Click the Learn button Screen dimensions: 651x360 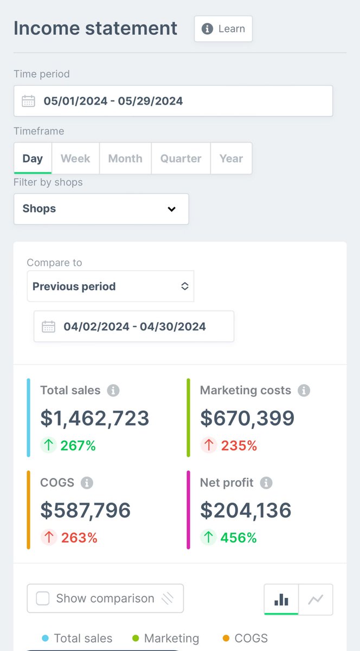223,29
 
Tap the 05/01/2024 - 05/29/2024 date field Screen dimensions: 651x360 173,101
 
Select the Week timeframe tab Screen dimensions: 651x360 75,158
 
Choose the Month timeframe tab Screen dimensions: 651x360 125,158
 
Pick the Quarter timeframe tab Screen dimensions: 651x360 181,158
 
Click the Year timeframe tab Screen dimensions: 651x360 231,158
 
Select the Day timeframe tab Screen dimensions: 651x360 33,158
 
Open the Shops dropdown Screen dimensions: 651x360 101,209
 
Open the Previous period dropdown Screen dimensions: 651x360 111,286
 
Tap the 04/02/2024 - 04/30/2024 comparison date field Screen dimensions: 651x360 134,327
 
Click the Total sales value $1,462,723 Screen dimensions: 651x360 95,418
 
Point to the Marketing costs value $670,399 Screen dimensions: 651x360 247,418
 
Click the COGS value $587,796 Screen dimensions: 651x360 86,510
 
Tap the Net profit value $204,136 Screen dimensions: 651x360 246,510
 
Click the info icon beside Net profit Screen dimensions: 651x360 266,483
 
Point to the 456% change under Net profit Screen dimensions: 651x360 239,538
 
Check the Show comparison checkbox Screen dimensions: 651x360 43,598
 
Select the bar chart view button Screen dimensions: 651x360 281,599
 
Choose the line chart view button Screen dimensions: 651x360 316,599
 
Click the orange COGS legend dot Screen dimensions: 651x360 226,639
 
